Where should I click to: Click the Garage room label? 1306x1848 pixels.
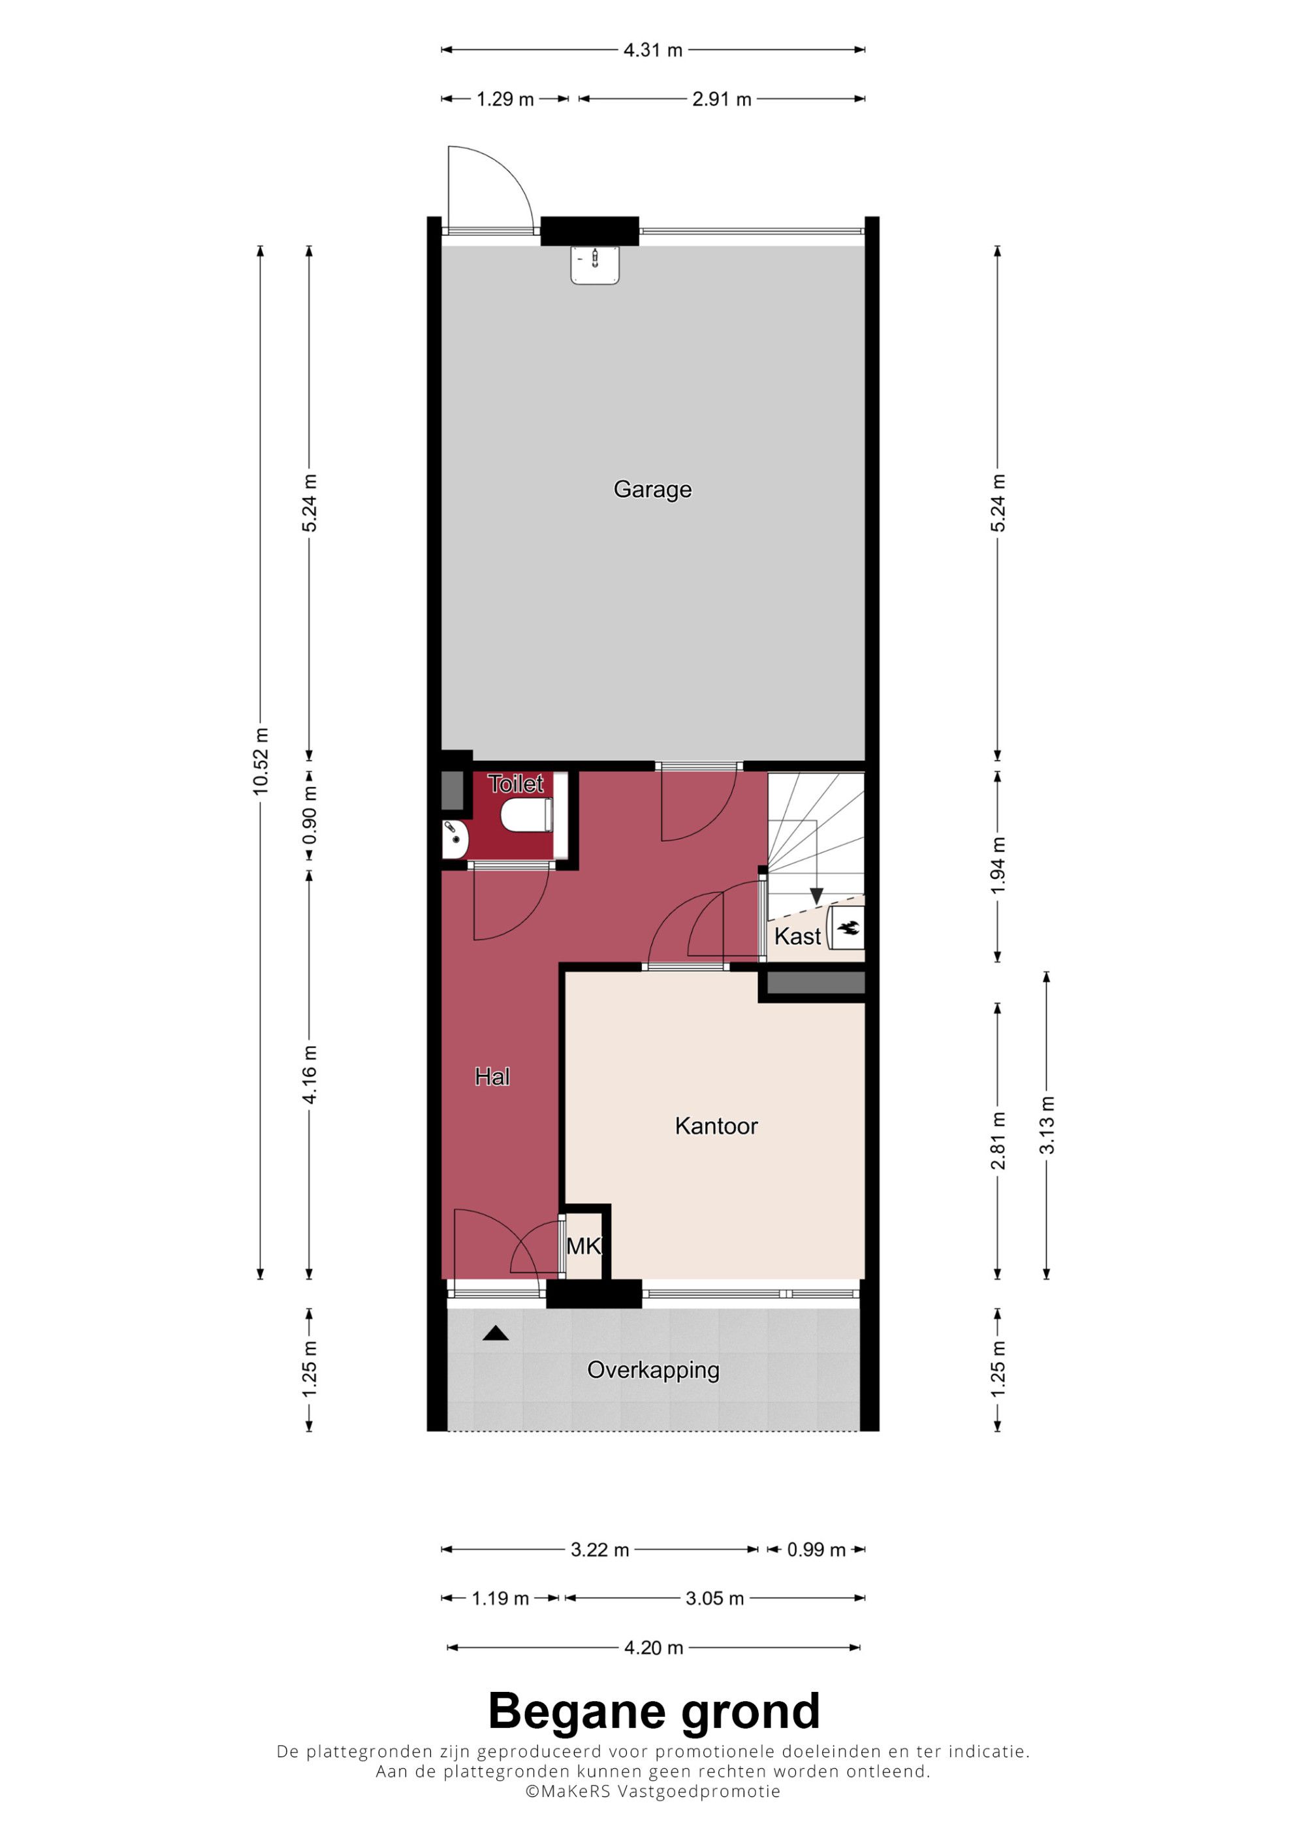point(652,489)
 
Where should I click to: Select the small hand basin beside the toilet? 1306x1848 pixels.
point(454,840)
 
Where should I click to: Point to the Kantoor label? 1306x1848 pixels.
point(716,1126)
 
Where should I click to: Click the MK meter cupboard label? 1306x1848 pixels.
point(583,1247)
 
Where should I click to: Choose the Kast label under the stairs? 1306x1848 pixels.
point(797,936)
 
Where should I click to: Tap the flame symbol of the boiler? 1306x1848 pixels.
point(849,928)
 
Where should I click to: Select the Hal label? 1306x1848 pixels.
point(492,1077)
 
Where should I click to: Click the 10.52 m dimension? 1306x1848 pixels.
point(261,761)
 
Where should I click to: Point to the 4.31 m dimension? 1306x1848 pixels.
point(652,50)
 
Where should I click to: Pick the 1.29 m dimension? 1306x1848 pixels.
point(505,99)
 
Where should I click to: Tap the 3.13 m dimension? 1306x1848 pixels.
point(1046,1125)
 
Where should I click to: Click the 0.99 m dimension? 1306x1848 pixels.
point(816,1550)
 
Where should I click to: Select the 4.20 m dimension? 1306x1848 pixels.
point(654,1648)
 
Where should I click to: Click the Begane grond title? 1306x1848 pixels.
point(654,1712)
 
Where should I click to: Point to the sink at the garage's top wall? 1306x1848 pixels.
point(595,265)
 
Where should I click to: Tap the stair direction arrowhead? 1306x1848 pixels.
point(817,897)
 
